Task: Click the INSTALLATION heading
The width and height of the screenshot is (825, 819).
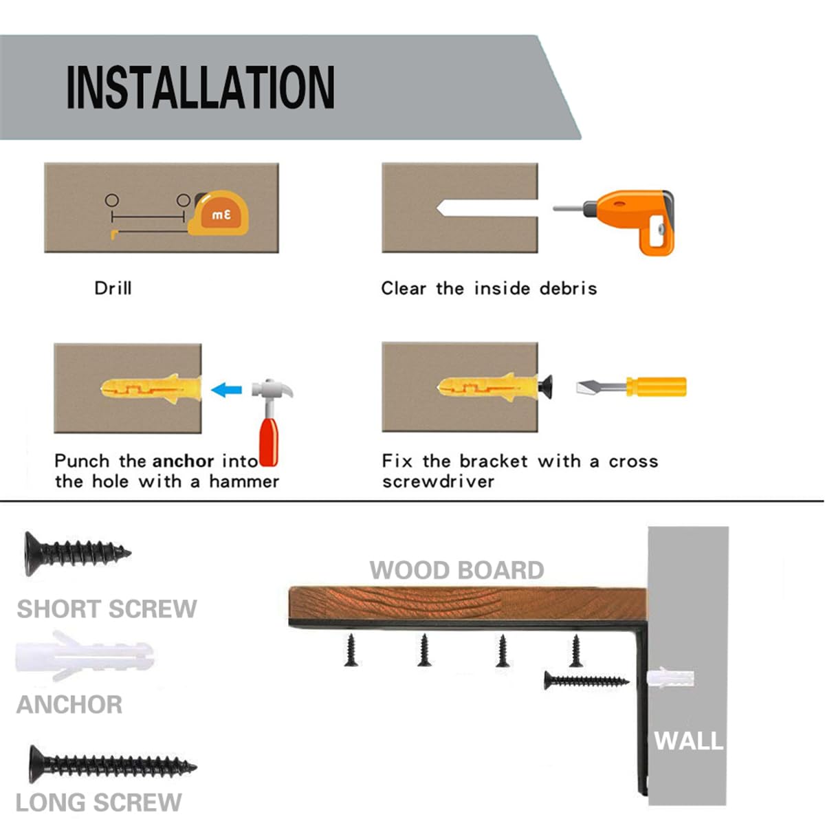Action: click(x=200, y=87)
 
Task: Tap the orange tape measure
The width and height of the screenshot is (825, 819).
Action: click(x=220, y=214)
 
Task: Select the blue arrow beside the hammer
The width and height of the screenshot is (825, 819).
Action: click(x=226, y=391)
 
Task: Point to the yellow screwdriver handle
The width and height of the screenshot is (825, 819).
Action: click(x=657, y=386)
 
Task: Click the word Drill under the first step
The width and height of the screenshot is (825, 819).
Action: click(x=113, y=287)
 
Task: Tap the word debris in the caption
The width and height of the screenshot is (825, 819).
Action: click(x=568, y=288)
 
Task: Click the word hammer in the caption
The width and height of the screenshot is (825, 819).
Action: click(x=244, y=481)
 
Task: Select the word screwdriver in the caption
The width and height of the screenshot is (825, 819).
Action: click(x=438, y=481)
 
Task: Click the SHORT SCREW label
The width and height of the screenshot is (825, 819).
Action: click(x=107, y=609)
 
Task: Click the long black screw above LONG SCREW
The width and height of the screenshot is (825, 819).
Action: click(x=110, y=764)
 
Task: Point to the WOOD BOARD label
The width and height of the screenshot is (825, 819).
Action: click(x=456, y=570)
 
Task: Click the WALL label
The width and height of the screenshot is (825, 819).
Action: click(x=687, y=741)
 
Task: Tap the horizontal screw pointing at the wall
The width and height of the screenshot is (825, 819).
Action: click(x=585, y=681)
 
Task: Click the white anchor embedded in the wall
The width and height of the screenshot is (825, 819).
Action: click(x=670, y=679)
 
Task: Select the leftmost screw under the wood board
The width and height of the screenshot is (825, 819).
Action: click(x=352, y=651)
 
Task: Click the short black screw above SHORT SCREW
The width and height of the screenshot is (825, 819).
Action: click(x=76, y=552)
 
